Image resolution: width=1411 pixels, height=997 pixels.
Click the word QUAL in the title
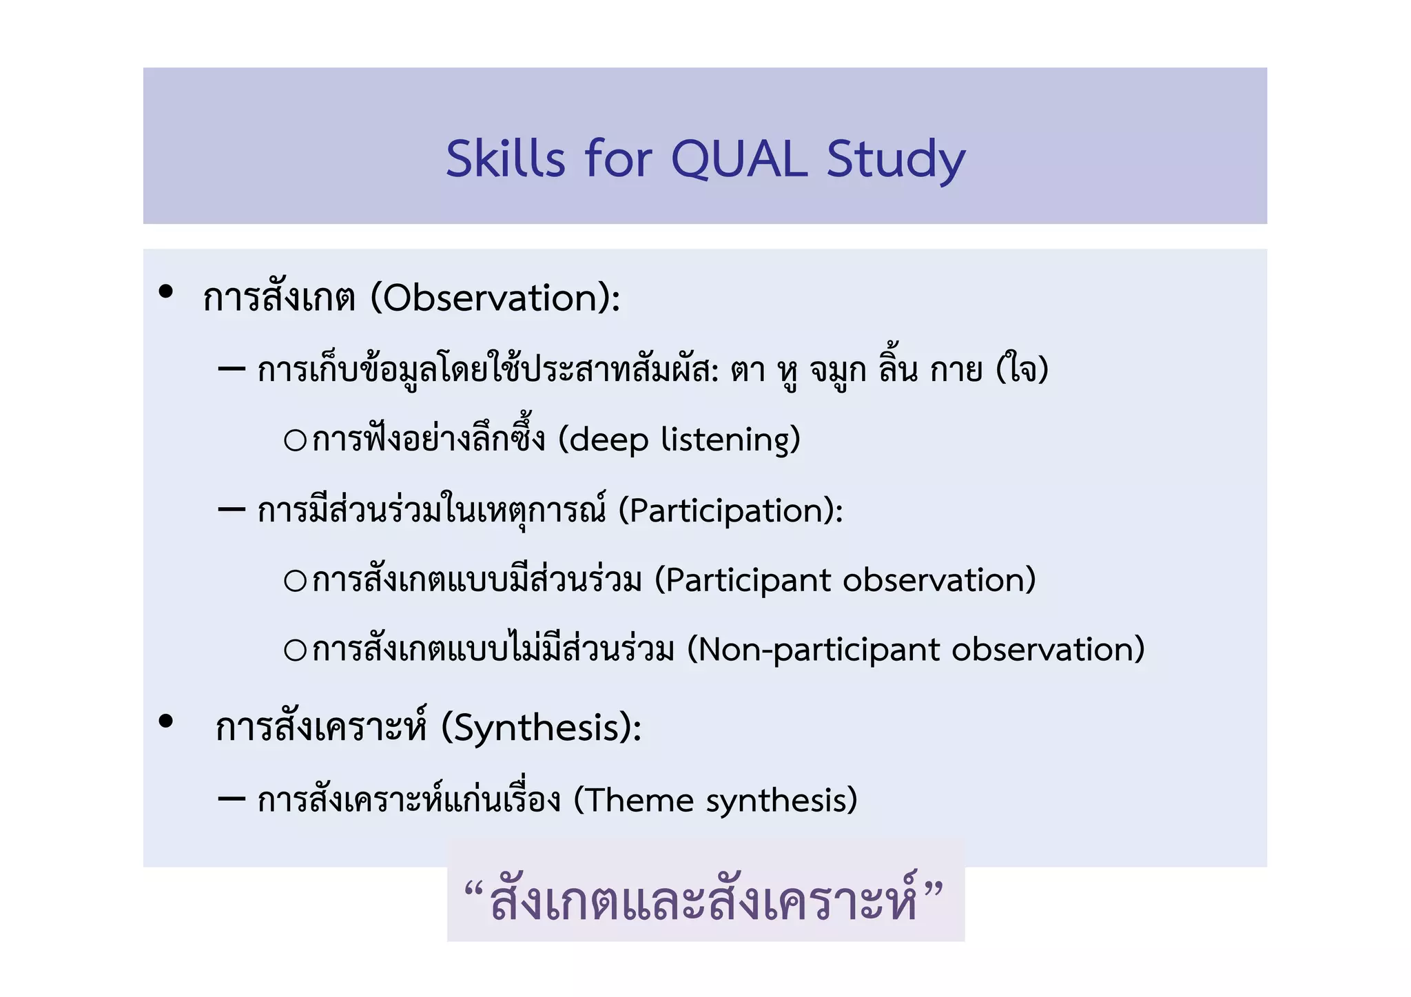click(x=739, y=160)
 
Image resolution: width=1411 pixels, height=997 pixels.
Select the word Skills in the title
click(x=506, y=160)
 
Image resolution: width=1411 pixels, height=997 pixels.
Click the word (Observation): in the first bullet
click(x=495, y=298)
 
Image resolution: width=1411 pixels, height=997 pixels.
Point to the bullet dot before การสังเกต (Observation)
click(x=165, y=291)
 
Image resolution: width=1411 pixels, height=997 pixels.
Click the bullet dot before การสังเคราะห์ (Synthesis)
click(x=165, y=721)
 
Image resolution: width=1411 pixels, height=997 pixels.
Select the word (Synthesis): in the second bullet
click(x=541, y=728)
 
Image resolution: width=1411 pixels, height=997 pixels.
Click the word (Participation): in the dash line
click(x=730, y=511)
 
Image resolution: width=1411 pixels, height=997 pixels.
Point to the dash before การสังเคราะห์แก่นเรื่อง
click(x=231, y=799)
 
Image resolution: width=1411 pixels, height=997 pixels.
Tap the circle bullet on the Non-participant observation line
click(x=295, y=650)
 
